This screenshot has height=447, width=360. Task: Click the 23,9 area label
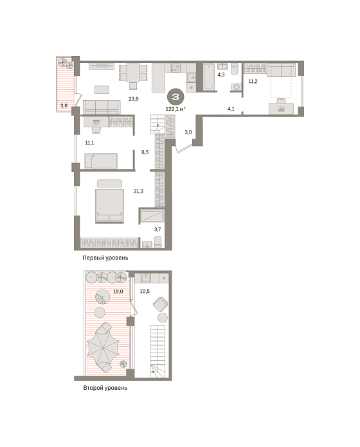click(134, 99)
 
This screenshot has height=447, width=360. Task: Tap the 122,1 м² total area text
click(175, 109)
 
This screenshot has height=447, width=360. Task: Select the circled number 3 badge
click(175, 97)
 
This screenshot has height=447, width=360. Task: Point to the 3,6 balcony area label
click(64, 106)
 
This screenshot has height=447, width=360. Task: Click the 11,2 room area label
click(253, 82)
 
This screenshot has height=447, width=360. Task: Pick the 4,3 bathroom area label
click(221, 74)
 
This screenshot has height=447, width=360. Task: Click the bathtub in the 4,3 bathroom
click(208, 77)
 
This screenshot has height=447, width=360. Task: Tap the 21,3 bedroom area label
click(138, 191)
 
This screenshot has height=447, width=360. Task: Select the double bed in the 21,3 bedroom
click(109, 205)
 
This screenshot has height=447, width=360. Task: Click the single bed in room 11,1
click(101, 161)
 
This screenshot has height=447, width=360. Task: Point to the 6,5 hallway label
click(145, 152)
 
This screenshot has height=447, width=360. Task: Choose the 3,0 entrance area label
click(188, 132)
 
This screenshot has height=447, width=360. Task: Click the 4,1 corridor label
click(231, 109)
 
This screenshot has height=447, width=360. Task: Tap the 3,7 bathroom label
click(157, 229)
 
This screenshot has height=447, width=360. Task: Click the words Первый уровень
click(105, 258)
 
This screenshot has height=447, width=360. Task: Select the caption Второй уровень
click(105, 388)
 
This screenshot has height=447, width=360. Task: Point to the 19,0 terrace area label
click(118, 292)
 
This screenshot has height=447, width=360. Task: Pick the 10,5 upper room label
click(145, 291)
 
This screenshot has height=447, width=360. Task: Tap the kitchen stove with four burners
click(175, 68)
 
